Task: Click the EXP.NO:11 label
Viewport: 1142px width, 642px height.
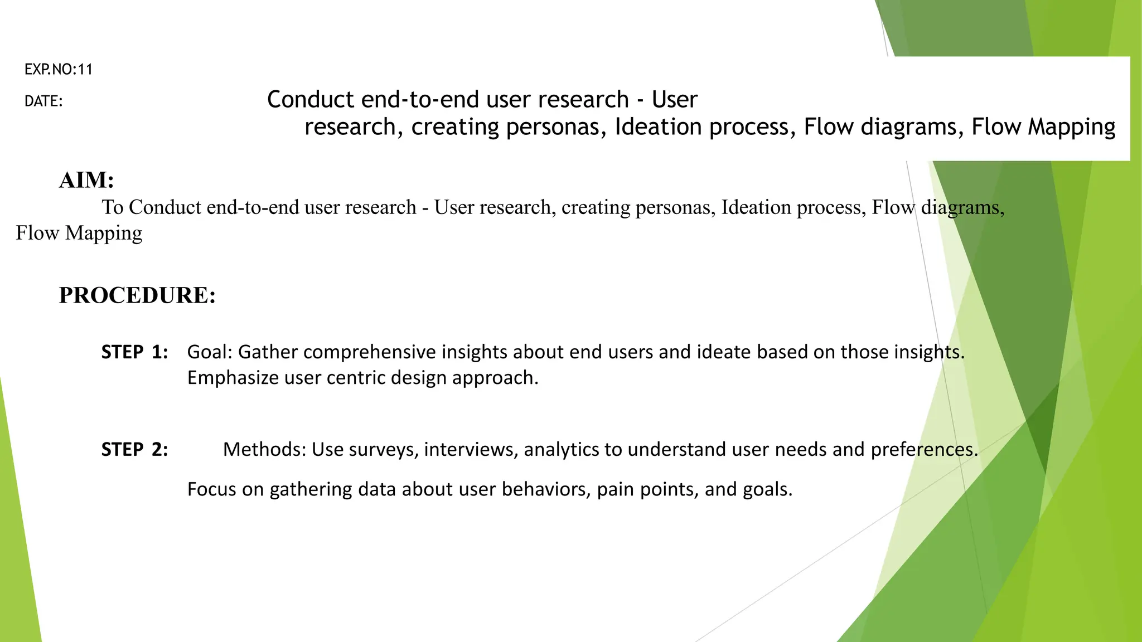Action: [59, 70]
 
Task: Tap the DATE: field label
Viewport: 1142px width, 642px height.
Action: [43, 101]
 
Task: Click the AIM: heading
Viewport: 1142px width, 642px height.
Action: [86, 180]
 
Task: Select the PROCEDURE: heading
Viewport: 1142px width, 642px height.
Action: [137, 295]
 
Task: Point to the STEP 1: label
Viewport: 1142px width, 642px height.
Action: [134, 352]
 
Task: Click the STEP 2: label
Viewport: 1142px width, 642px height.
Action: [134, 449]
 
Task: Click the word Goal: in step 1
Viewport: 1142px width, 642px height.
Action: [210, 352]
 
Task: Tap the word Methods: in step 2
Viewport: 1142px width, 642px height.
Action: [264, 449]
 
